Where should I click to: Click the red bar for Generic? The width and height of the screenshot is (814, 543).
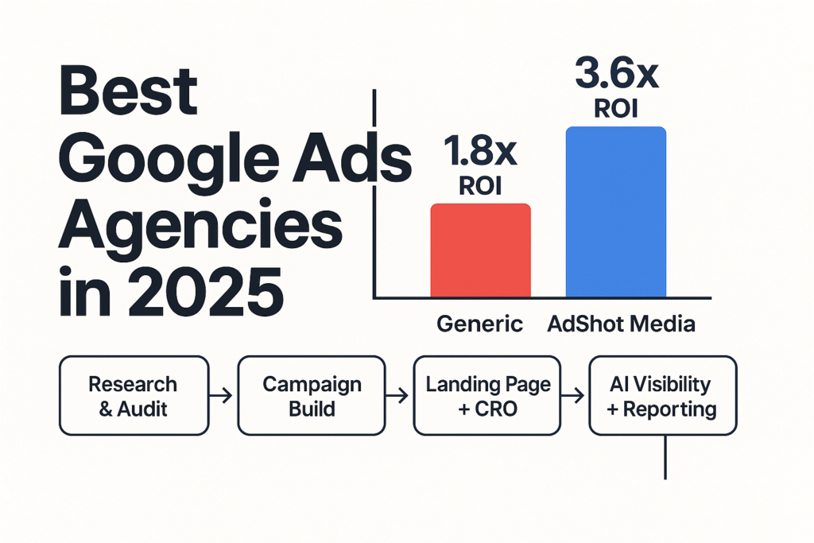coord(480,250)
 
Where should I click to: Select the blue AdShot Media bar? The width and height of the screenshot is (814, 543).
coord(615,212)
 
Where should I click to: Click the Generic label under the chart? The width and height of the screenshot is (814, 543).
coord(480,324)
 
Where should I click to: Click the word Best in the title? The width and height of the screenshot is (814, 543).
coord(128,92)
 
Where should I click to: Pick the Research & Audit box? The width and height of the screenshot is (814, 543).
coord(134,396)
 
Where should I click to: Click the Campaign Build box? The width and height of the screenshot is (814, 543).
coord(312,396)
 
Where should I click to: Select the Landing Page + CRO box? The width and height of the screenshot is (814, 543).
coord(488,396)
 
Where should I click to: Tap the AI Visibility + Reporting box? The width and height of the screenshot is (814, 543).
coord(662,396)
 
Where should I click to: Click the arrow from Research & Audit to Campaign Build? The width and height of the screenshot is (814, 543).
coord(223,396)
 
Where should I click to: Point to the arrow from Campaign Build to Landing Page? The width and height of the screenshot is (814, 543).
coord(400,396)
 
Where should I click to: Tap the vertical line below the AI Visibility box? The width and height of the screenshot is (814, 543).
coord(664,458)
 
